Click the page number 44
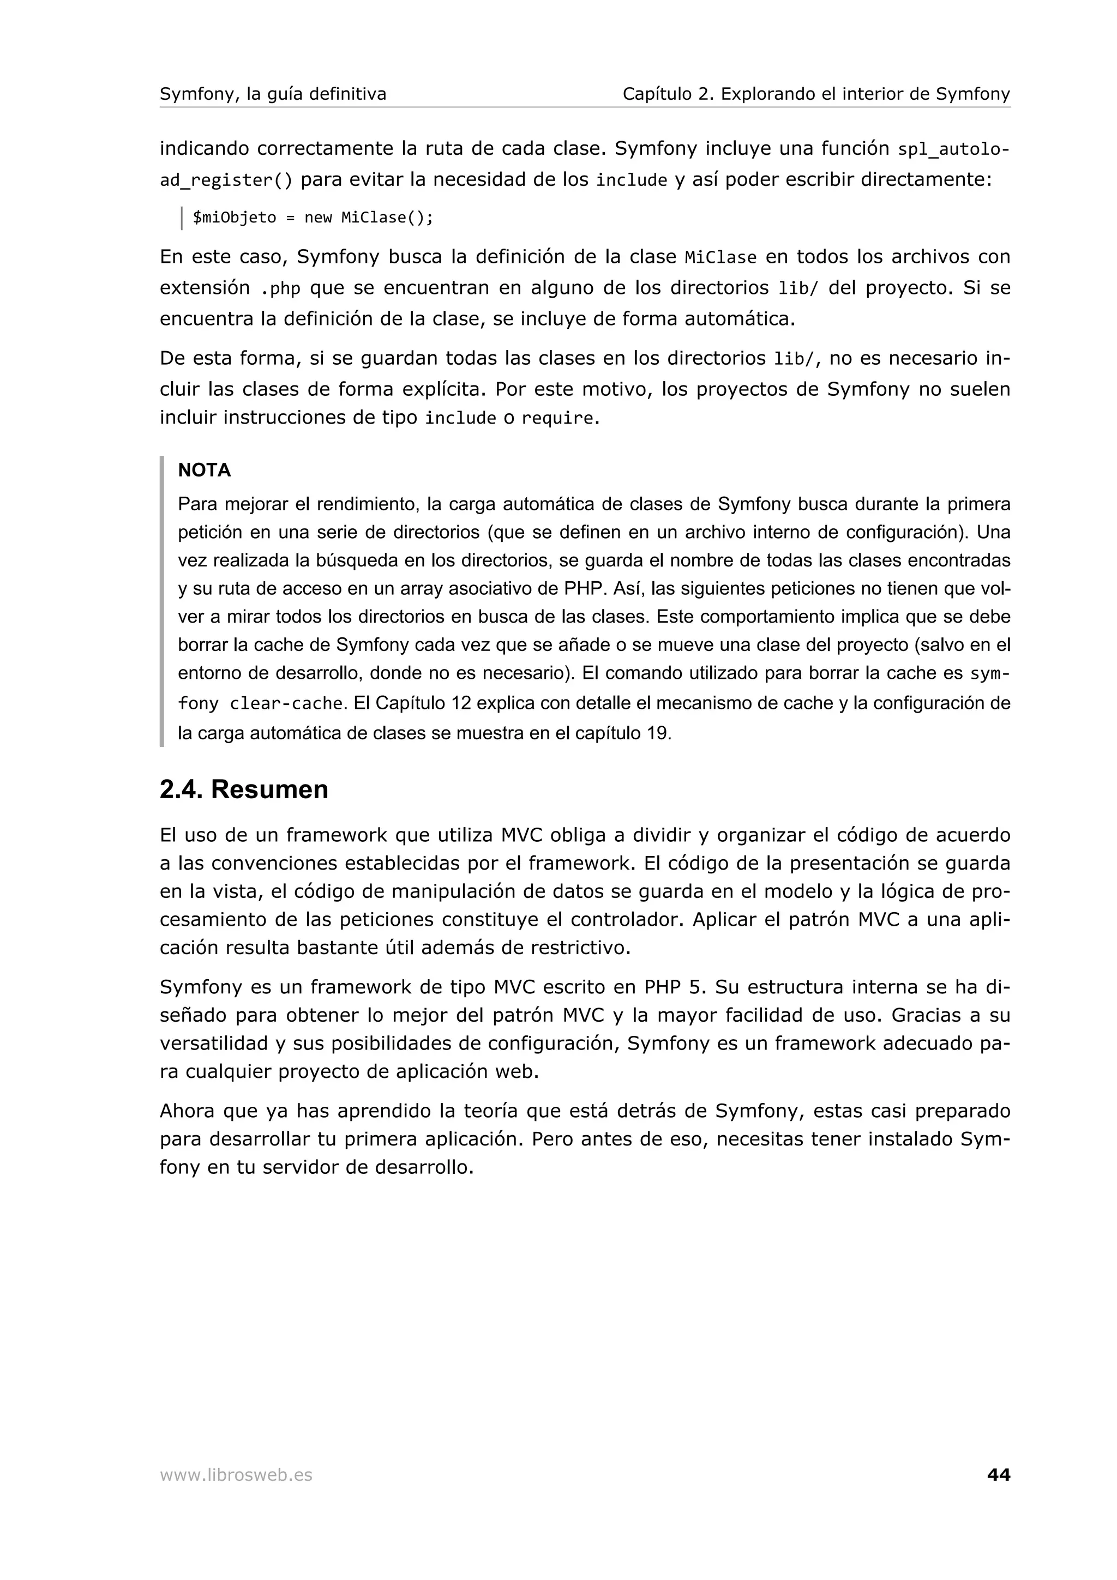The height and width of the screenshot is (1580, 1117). point(998,1475)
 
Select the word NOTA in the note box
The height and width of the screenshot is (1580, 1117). point(205,471)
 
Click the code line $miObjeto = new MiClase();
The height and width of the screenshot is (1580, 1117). point(313,218)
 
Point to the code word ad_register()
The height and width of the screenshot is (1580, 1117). point(226,181)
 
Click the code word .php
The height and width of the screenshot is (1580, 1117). point(281,289)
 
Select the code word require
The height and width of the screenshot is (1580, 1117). point(557,418)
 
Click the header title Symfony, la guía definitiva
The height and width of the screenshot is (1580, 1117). point(273,94)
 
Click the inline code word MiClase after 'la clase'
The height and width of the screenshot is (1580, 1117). point(720,258)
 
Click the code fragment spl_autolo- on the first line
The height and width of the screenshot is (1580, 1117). point(954,149)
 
